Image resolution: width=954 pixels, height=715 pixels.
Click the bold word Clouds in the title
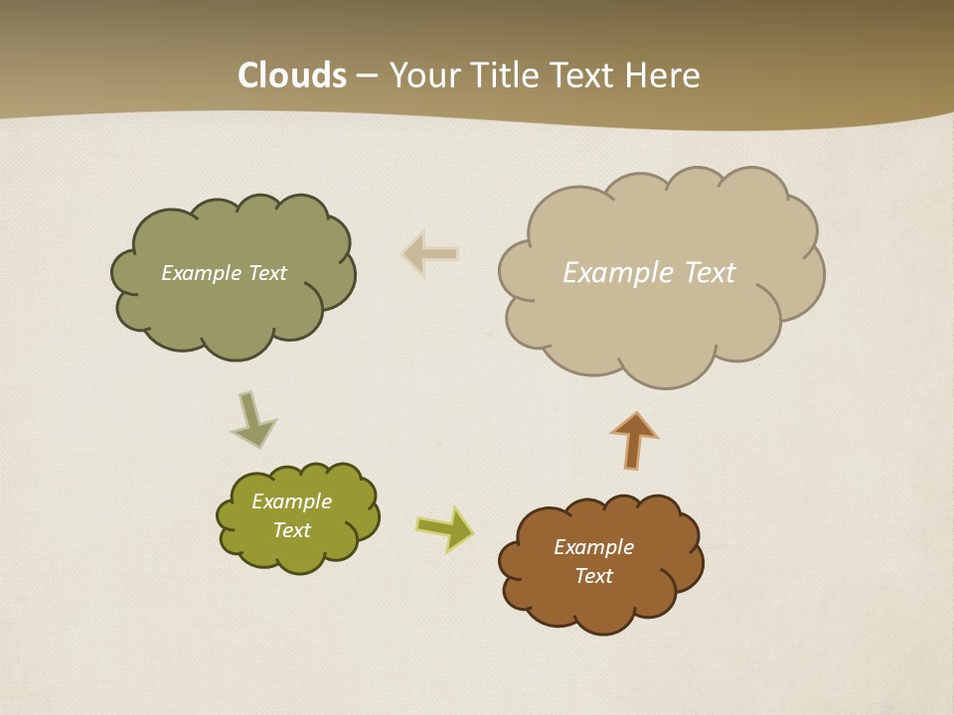(x=292, y=75)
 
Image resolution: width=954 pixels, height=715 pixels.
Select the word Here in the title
(x=665, y=75)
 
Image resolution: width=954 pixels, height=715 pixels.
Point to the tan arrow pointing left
(x=430, y=254)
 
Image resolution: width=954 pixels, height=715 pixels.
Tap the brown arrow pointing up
(x=634, y=440)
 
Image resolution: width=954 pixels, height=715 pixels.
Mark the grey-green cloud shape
(x=234, y=313)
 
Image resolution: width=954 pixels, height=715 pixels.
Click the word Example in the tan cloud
(x=618, y=273)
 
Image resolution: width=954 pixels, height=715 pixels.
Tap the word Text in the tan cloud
(x=709, y=273)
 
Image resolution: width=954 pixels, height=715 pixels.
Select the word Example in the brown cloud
(x=593, y=547)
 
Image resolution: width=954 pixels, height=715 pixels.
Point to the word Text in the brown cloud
(x=593, y=576)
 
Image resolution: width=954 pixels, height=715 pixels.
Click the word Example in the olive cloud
(x=291, y=501)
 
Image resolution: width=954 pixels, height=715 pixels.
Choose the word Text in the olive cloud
(x=291, y=530)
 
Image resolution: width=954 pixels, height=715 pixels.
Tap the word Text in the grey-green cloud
(x=267, y=273)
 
